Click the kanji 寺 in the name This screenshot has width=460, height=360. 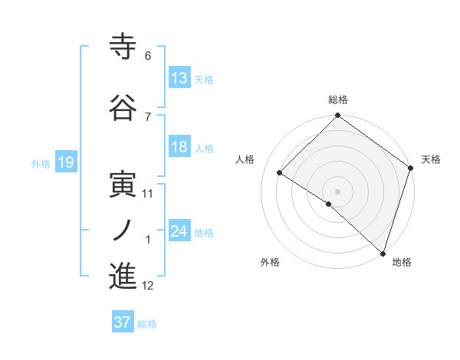(x=123, y=47)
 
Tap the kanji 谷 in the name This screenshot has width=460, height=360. (x=123, y=109)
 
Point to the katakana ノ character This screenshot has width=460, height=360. (x=123, y=229)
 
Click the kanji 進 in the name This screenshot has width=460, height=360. (x=123, y=276)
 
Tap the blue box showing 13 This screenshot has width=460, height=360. (x=179, y=78)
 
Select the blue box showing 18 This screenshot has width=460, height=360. (x=179, y=147)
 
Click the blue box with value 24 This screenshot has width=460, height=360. (x=179, y=231)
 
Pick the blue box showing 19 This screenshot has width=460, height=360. (x=65, y=162)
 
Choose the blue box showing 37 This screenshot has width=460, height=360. (x=123, y=322)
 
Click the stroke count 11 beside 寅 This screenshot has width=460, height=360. (x=148, y=194)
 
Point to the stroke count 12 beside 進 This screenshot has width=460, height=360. (x=148, y=286)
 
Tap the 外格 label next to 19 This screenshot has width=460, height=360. (x=41, y=163)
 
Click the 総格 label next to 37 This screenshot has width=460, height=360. (x=147, y=323)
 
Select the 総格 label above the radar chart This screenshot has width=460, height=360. (x=337, y=100)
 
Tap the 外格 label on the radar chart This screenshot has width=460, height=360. (x=270, y=262)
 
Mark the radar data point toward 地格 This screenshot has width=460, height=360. (x=383, y=253)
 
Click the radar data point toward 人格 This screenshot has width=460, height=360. (x=280, y=172)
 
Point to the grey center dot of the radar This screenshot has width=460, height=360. (x=337, y=191)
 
